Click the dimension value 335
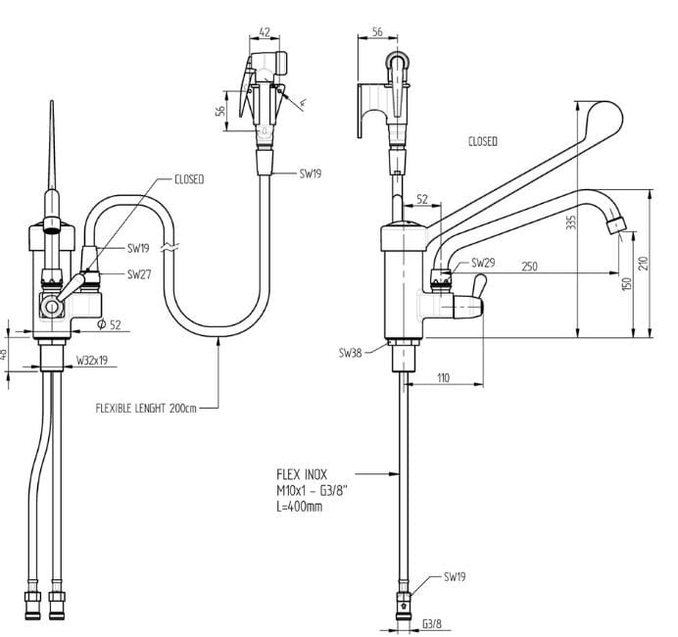click(571, 221)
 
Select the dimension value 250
click(529, 267)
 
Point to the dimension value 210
click(644, 264)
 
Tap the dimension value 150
click(627, 283)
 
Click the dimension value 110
click(443, 378)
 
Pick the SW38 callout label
click(350, 353)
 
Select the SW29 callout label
click(483, 263)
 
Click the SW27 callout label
click(139, 274)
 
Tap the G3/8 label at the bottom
click(432, 624)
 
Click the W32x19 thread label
click(92, 360)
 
